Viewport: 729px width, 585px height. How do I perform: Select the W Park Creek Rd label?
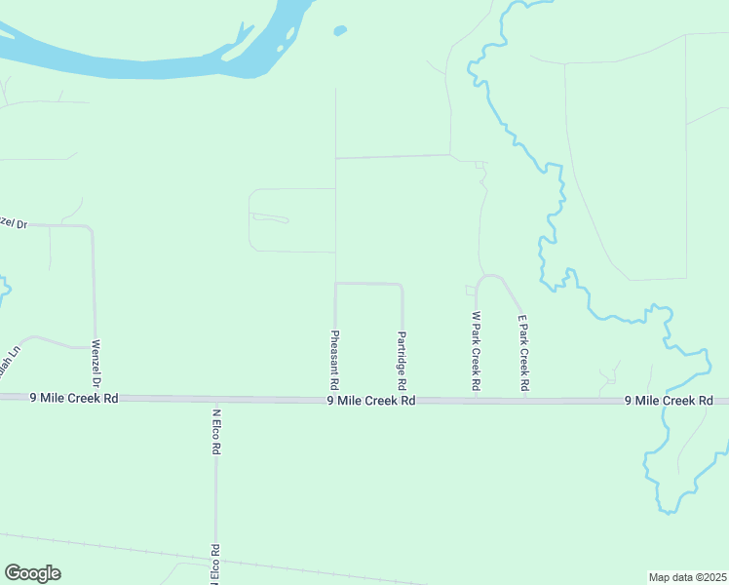pyautogui.click(x=476, y=351)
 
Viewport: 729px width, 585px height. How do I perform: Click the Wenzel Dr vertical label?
pyautogui.click(x=96, y=364)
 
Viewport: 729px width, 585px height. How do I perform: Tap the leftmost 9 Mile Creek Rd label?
pyautogui.click(x=74, y=398)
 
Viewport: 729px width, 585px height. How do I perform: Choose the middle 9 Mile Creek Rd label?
pyautogui.click(x=371, y=400)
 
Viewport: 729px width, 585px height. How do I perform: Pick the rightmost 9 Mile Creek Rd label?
pyautogui.click(x=669, y=401)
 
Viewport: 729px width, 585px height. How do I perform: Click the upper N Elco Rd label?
pyautogui.click(x=216, y=432)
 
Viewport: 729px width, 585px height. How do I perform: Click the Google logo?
pyautogui.click(x=32, y=573)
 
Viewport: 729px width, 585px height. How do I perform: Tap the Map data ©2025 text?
pyautogui.click(x=687, y=576)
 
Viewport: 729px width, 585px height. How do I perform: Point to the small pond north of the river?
pyautogui.click(x=339, y=30)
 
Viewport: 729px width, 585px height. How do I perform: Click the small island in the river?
pyautogui.click(x=281, y=47)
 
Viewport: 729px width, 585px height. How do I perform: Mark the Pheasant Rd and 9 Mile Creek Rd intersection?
pyautogui.click(x=335, y=399)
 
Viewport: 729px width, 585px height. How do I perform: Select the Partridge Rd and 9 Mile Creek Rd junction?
pyautogui.click(x=403, y=400)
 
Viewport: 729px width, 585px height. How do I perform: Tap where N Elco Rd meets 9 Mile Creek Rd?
pyautogui.click(x=215, y=399)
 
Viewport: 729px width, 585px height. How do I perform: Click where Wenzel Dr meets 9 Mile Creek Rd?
pyautogui.click(x=97, y=397)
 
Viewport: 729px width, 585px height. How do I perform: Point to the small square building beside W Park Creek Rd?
pyautogui.click(x=471, y=290)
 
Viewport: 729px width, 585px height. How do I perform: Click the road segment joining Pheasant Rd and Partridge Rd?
pyautogui.click(x=368, y=284)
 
